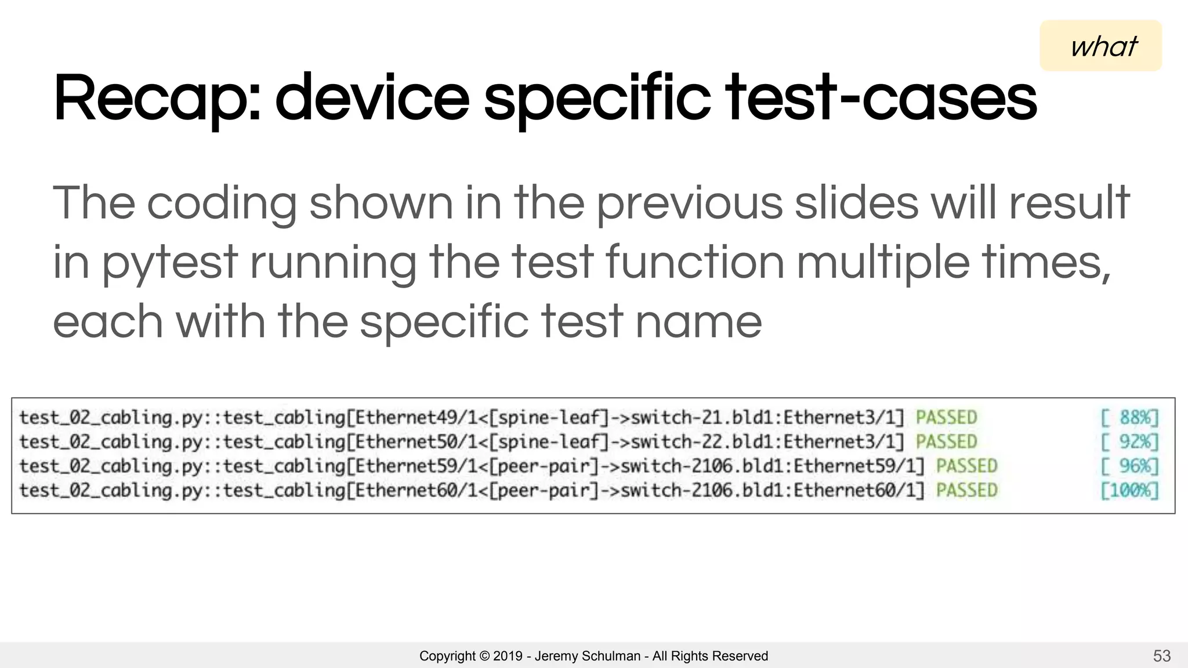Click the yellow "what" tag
pos(1100,46)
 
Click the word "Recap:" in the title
pos(157,99)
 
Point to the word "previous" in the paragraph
pos(690,204)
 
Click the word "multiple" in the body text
pos(882,262)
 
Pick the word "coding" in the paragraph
pos(222,204)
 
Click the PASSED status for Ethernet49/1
pos(946,418)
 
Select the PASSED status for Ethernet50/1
pos(946,442)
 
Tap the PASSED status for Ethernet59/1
pos(966,466)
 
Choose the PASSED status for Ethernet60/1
pos(966,491)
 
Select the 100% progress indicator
pos(1129,491)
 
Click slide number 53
pos(1161,656)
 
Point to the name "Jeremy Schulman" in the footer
pos(587,656)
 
